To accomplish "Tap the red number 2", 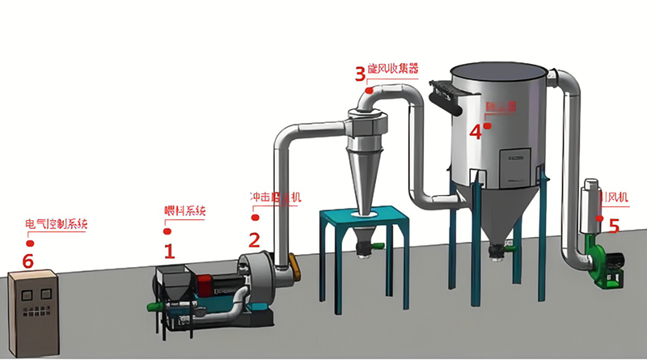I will coord(254,239).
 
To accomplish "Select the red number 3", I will coord(360,75).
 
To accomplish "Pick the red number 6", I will coord(28,260).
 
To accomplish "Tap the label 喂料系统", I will coord(185,212).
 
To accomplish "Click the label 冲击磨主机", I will coord(276,197).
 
